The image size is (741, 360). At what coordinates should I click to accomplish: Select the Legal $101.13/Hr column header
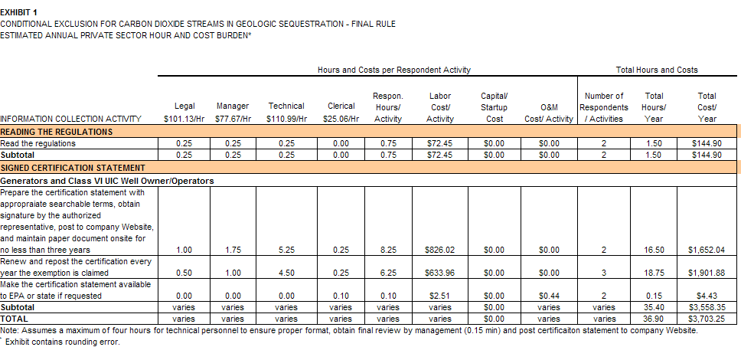(x=184, y=112)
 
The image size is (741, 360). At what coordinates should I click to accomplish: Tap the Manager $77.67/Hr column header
(x=233, y=112)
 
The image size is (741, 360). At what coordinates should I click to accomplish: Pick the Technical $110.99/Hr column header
(x=287, y=112)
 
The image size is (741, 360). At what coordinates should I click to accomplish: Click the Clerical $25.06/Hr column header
(x=341, y=112)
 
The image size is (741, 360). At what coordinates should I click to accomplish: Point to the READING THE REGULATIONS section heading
(x=57, y=132)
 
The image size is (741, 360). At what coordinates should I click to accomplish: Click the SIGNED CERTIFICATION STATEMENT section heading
(x=73, y=167)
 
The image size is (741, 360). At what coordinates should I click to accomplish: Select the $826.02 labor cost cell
(x=440, y=250)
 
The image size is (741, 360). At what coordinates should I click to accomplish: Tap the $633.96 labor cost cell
(x=440, y=273)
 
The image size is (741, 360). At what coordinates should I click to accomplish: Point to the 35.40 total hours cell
(x=654, y=307)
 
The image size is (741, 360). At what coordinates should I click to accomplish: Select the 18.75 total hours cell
(x=654, y=273)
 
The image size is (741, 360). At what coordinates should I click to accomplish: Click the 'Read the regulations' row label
(x=38, y=143)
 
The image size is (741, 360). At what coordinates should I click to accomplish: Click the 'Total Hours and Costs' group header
(x=657, y=70)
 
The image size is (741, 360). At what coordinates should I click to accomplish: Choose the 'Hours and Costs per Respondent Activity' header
(x=393, y=70)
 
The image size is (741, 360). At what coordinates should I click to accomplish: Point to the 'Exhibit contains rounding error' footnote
(x=63, y=342)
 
